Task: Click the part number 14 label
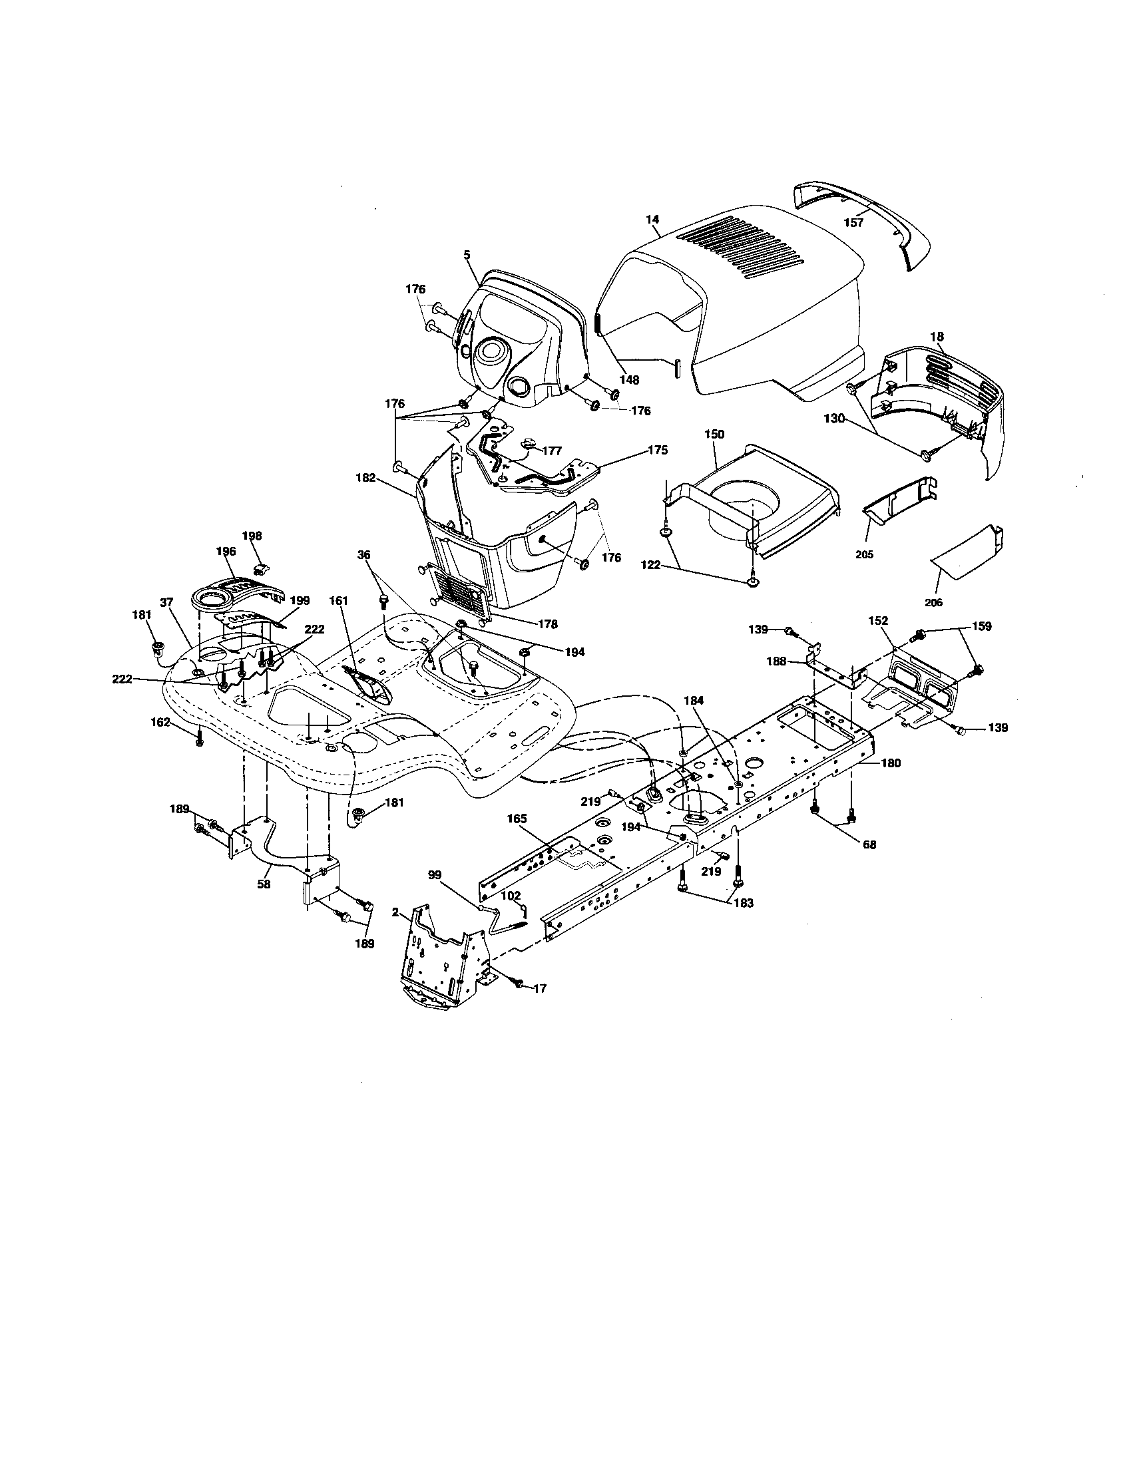[x=652, y=219]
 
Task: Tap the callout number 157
[x=853, y=222]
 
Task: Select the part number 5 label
[x=467, y=255]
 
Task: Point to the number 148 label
[x=629, y=379]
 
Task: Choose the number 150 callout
[x=714, y=434]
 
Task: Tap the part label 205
[x=865, y=554]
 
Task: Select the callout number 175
[x=658, y=450]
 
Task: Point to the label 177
[x=552, y=451]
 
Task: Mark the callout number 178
[x=548, y=624]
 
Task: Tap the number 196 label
[x=226, y=551]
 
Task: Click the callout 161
[x=339, y=602]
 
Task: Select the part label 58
[x=264, y=884]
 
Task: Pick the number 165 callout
[x=518, y=819]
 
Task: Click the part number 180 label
[x=891, y=762]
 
